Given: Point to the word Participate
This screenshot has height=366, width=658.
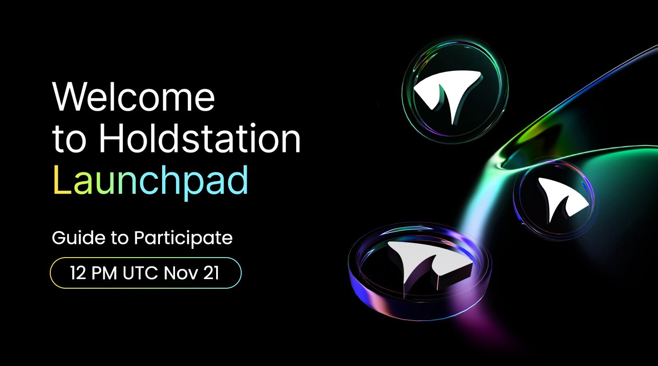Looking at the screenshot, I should (183, 239).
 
